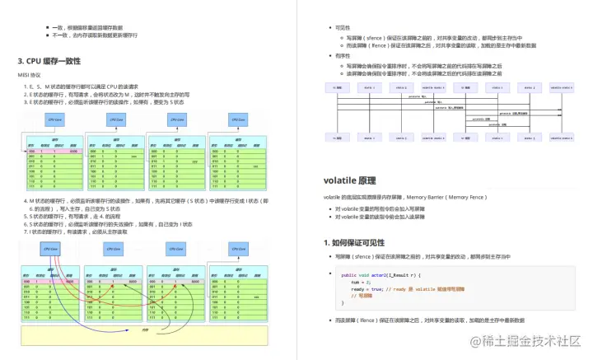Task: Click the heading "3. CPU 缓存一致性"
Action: [x=49, y=61]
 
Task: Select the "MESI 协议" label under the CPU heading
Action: [x=30, y=75]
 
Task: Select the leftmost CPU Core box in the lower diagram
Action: [x=51, y=248]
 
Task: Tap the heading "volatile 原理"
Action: [x=350, y=180]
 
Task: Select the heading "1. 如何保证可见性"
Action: [x=359, y=242]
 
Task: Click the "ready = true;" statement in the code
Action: [x=367, y=289]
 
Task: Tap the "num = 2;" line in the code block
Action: [x=361, y=282]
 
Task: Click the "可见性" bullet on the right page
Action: [x=342, y=27]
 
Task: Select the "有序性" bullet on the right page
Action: [x=342, y=56]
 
